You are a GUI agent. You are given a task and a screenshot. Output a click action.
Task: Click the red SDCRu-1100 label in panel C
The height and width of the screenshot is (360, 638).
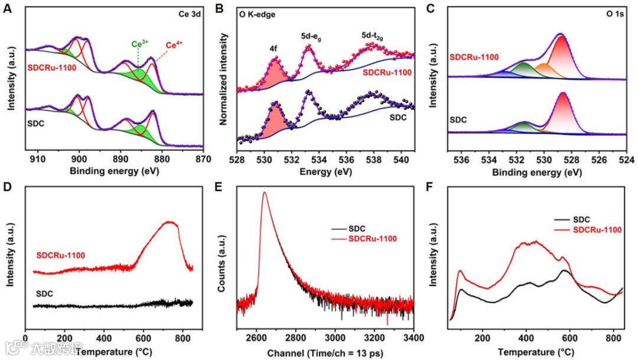pyautogui.click(x=474, y=57)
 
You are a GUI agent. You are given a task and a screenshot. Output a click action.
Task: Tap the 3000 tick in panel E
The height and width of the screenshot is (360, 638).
pyautogui.click(x=335, y=339)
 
